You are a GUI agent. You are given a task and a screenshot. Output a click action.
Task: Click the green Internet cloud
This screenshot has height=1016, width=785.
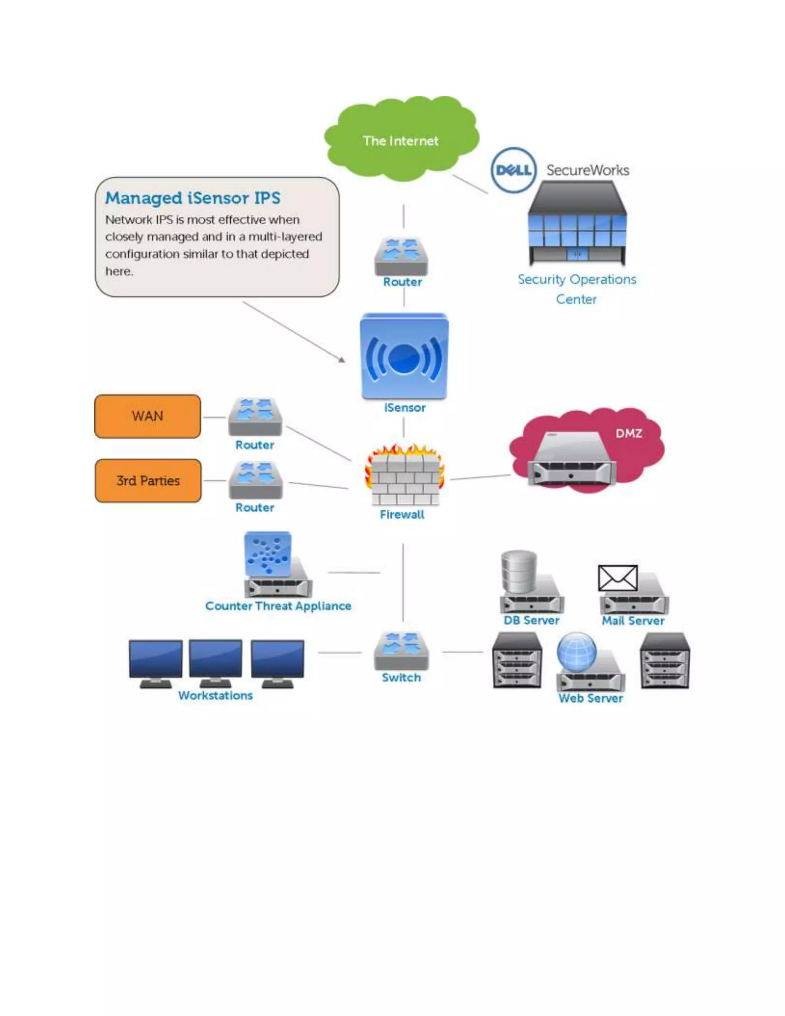coord(401,140)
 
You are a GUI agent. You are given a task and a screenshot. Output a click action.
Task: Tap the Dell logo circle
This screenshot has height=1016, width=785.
coord(513,170)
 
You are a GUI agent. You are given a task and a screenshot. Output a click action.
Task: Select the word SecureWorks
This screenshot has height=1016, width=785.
coord(587,170)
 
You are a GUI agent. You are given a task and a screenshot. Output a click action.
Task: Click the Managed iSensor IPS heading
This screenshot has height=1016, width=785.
coord(192,198)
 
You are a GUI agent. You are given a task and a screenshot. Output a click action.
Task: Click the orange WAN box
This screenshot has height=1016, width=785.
coord(148,416)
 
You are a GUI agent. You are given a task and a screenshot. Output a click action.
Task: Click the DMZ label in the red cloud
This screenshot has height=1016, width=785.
coord(628,434)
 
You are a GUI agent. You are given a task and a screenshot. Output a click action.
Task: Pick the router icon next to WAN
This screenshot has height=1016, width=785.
coord(255,417)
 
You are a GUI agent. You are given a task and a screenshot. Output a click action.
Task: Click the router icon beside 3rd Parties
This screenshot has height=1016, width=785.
coord(255,480)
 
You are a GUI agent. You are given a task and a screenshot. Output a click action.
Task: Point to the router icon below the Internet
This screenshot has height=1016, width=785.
coord(401,256)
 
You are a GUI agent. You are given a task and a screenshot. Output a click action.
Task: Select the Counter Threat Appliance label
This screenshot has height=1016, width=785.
coord(278,606)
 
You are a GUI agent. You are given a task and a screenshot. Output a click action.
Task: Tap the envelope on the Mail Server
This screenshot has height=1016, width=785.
coord(617,578)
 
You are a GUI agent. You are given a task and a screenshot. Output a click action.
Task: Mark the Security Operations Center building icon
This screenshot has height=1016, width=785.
coord(577,223)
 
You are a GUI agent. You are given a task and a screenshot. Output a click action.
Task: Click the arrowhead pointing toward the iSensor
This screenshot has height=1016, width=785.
coord(342,359)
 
